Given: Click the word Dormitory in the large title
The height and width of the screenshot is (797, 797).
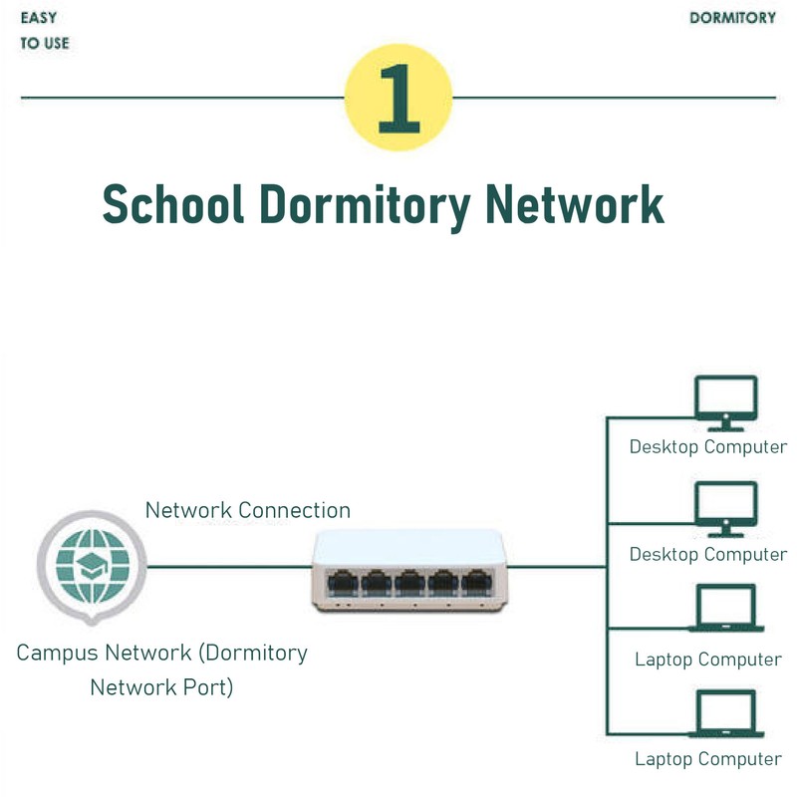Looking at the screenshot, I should pos(364,204).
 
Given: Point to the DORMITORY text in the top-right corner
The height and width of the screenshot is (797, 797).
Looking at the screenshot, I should pos(732,18).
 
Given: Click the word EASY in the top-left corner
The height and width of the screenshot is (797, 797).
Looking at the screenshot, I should pos(38,18).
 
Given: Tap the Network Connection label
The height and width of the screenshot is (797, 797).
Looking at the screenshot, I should pos(248,510).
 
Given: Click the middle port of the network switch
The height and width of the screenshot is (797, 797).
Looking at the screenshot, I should pos(408,581).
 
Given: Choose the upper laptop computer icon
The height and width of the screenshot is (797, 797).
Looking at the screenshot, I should pos(725,609).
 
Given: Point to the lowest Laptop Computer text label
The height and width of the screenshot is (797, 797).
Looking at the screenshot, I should pos(708,759).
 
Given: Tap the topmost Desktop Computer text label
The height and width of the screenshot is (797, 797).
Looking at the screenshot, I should pos(707,446).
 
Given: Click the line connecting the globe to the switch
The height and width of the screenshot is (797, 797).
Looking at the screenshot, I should pos(229,567).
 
